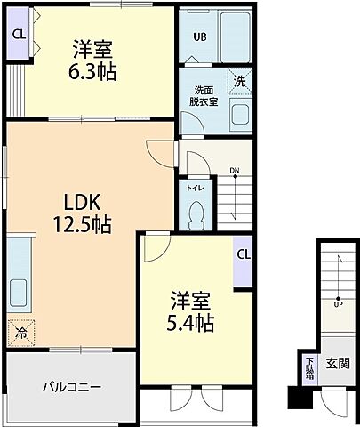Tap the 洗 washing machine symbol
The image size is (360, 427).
240,80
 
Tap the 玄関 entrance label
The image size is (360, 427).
337,362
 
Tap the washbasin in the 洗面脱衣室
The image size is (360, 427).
238,115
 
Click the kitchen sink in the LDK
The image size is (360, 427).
17,292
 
